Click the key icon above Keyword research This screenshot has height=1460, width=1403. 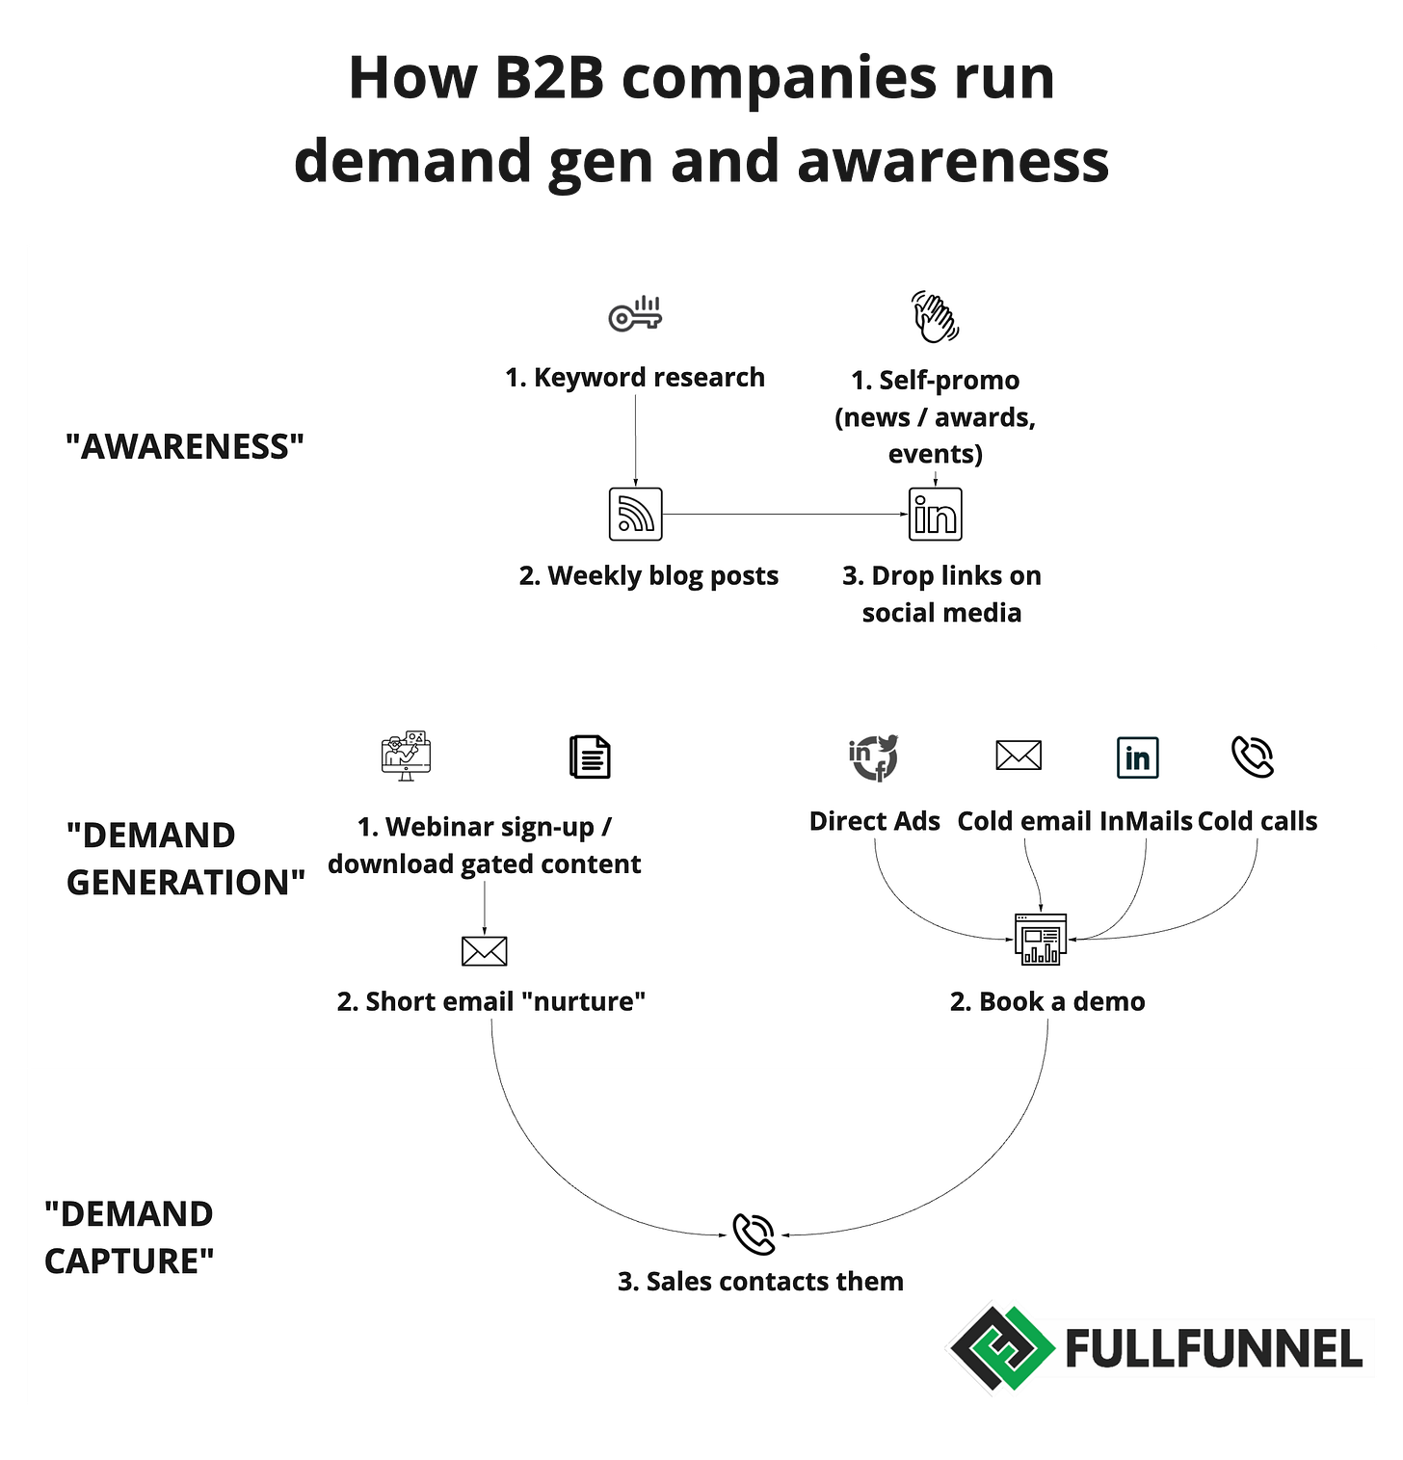pyautogui.click(x=635, y=315)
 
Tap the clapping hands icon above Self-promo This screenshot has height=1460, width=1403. pyautogui.click(x=935, y=316)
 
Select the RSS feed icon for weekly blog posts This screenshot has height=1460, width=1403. pyautogui.click(x=636, y=514)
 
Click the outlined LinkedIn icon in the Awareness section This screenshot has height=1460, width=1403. pyautogui.click(x=935, y=514)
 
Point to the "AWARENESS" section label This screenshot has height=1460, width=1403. pyautogui.click(x=185, y=447)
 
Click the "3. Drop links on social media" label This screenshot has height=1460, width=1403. pyautogui.click(x=941, y=594)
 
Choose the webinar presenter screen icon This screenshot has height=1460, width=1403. pyautogui.click(x=406, y=756)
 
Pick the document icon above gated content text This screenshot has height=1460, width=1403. pyautogui.click(x=590, y=757)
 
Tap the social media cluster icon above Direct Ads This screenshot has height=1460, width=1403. pyautogui.click(x=874, y=757)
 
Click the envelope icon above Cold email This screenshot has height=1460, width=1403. pyautogui.click(x=1019, y=756)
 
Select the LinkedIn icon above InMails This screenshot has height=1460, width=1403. pyautogui.click(x=1137, y=757)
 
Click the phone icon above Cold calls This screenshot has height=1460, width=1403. pyautogui.click(x=1253, y=757)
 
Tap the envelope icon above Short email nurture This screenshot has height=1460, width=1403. pyautogui.click(x=484, y=951)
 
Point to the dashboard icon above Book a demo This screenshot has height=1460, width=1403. pyautogui.click(x=1041, y=939)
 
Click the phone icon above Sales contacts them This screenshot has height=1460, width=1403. pyautogui.click(x=754, y=1234)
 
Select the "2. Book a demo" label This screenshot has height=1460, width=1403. pyautogui.click(x=1047, y=1001)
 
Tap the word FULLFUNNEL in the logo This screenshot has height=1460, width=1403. pyautogui.click(x=1214, y=1348)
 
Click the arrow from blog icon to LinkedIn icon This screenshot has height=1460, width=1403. pyautogui.click(x=785, y=514)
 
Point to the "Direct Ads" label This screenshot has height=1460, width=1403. pyautogui.click(x=874, y=821)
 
